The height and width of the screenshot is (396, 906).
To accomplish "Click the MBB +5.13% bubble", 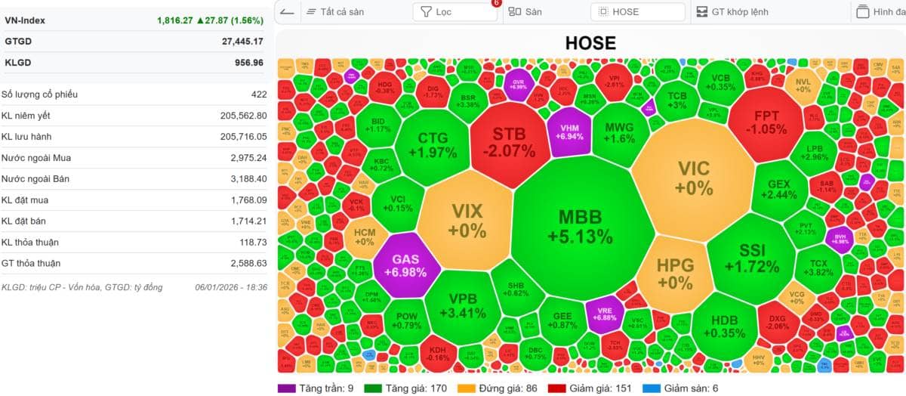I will pos(580,227).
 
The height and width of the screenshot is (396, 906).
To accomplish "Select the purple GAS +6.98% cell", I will pos(405,265).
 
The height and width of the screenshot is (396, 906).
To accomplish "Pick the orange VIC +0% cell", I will pos(693,178).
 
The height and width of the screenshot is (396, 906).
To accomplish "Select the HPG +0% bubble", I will pos(674,274).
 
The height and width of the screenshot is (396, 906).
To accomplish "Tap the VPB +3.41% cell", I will pos(461,305).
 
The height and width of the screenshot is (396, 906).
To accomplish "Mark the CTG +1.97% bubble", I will pos(433,145).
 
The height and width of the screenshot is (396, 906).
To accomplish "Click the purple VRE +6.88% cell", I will pos(604,314).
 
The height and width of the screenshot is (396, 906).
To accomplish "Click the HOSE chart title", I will pos(590,43).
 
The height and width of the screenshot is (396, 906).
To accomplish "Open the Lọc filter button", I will pos(455,12).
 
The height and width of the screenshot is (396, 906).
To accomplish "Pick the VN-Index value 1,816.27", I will pos(177,20).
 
